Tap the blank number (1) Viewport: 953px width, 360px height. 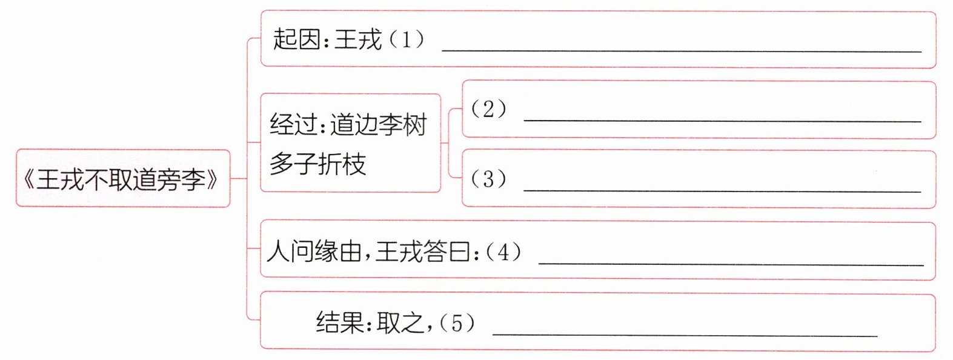(405, 40)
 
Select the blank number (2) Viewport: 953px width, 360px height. (488, 109)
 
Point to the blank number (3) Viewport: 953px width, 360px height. (488, 179)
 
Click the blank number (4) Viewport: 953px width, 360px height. (503, 252)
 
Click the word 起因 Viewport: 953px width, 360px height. (296, 40)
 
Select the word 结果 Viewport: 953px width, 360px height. (339, 322)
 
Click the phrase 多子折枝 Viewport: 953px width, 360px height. (318, 164)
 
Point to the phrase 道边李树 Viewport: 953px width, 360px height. (379, 125)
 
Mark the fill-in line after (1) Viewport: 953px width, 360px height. (681, 51)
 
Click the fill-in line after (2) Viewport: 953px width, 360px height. (722, 121)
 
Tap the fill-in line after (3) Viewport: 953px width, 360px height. (722, 190)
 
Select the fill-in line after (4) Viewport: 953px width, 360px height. (731, 264)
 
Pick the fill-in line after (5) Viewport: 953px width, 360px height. (685, 335)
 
